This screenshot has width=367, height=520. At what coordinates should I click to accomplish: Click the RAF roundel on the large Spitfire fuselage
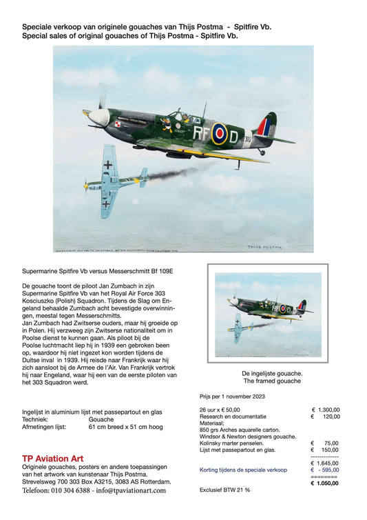pos(219,133)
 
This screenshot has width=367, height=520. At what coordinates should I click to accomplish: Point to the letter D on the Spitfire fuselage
pos(234,136)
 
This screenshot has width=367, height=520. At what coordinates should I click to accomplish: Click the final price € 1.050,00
pos(325,483)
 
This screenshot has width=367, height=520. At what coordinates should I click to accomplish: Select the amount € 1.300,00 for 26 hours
pos(325,410)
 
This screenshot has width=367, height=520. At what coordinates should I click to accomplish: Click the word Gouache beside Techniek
pos(101,419)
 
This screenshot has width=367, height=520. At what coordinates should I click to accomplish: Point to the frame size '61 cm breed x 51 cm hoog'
pos(125,427)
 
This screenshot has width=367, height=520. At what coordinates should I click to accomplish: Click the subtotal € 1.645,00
pos(325,463)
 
